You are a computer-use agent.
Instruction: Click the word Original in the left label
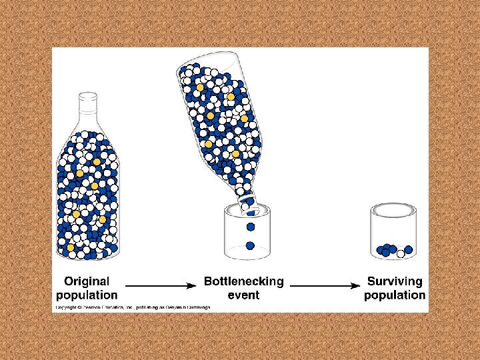(x=87, y=281)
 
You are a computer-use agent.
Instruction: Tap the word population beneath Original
(x=87, y=295)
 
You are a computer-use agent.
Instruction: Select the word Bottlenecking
(x=243, y=281)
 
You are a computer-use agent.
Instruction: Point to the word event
(x=243, y=295)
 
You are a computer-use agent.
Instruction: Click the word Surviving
(x=395, y=281)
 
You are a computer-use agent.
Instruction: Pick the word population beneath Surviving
(x=395, y=295)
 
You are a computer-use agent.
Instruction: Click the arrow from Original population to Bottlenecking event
(x=160, y=285)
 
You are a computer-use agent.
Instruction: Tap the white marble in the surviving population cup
(x=401, y=253)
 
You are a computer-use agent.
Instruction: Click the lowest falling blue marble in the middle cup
(x=250, y=245)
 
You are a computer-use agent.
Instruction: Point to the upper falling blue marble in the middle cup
(x=250, y=227)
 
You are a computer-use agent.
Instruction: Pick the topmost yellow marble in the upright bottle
(x=97, y=162)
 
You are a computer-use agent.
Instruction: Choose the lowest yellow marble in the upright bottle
(x=71, y=247)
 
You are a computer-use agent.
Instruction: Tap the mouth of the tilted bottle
(x=249, y=204)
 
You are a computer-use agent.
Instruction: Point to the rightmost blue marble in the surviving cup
(x=409, y=250)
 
